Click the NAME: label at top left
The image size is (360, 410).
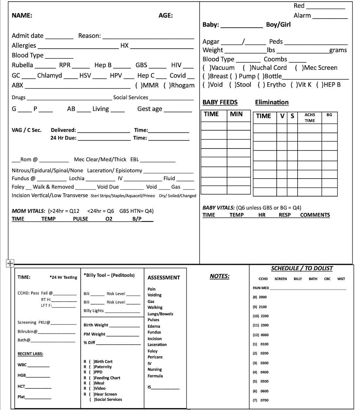22,15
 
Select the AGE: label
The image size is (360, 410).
165,15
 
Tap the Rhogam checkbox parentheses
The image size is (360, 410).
166,85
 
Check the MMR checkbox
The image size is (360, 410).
138,85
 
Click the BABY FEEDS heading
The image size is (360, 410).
220,102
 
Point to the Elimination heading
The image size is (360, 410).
272,102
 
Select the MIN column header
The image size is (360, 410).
236,114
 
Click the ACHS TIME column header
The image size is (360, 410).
310,118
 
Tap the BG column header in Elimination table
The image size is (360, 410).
329,115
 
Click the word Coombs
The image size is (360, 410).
275,59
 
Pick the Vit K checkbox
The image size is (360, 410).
294,85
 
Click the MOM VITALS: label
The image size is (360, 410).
29,211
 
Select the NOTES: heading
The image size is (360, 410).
219,276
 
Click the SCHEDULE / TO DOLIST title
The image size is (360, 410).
302,268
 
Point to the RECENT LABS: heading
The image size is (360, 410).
30,354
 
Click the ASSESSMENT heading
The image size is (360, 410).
164,278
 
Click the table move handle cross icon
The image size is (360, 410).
10,263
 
